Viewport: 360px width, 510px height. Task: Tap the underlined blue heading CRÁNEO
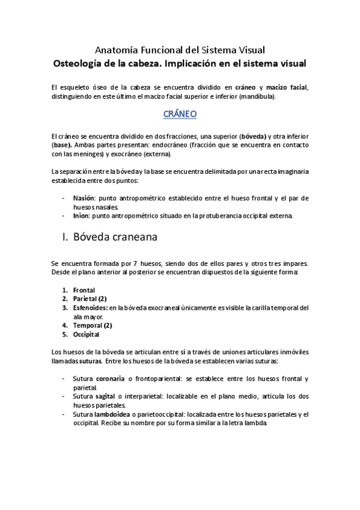point(180,113)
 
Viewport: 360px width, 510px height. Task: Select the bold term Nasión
point(84,198)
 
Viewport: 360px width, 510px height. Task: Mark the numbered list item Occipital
point(86,334)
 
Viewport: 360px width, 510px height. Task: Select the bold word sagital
point(105,396)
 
